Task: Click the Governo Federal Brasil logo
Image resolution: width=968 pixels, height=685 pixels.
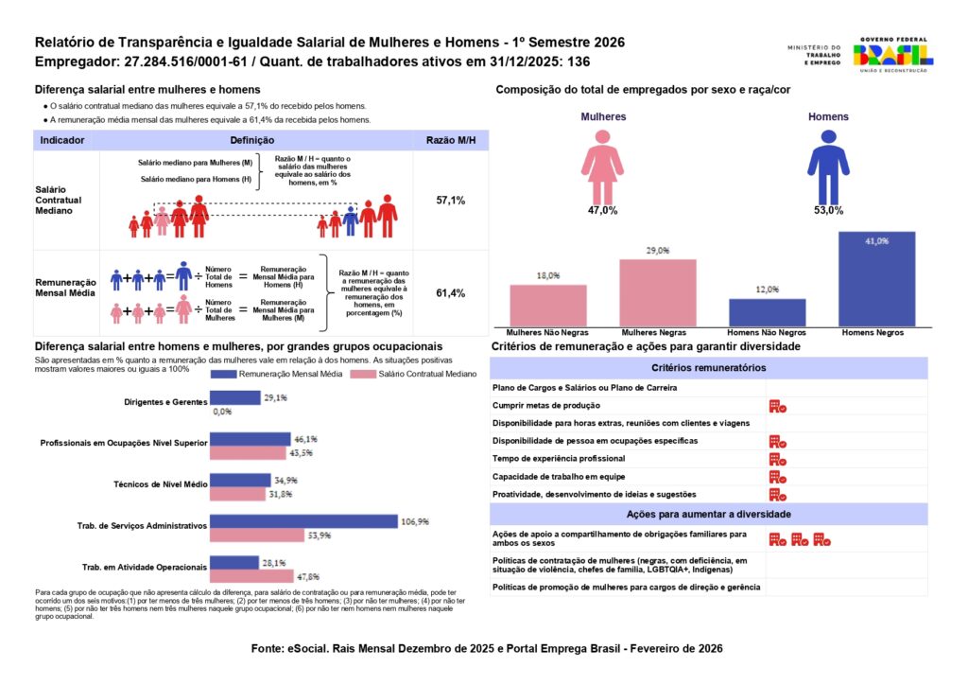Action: tap(893, 55)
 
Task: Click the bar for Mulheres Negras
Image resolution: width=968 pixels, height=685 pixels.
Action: tap(658, 292)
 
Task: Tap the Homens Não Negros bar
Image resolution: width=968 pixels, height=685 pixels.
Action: tap(767, 312)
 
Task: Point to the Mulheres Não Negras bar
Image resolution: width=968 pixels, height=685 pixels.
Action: tap(548, 306)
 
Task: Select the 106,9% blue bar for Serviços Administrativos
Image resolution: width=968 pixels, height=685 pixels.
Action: tap(303, 521)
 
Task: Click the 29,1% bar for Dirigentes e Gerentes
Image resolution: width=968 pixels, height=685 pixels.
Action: tap(234, 398)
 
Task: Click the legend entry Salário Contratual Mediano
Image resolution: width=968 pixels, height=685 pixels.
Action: tap(398, 375)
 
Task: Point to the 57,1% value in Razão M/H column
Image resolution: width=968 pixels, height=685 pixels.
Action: tap(450, 202)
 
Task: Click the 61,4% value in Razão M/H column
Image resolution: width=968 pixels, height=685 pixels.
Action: tap(450, 293)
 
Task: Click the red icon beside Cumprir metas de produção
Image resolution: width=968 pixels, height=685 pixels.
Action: tap(778, 406)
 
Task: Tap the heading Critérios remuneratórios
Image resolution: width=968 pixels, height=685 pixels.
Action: tap(708, 368)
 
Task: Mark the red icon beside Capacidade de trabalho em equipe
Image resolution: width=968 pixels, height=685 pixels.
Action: tap(778, 477)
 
